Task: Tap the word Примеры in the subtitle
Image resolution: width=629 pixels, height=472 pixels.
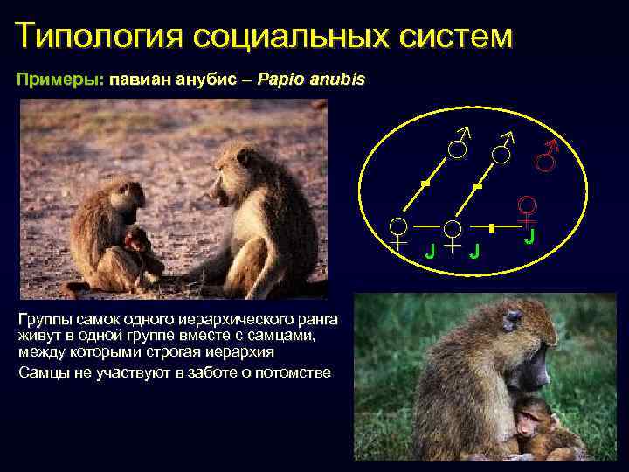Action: (x=59, y=80)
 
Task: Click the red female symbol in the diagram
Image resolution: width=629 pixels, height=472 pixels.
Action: (x=527, y=210)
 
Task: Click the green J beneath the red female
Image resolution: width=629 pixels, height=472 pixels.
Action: (x=529, y=237)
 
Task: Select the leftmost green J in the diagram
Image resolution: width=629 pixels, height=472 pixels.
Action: (x=428, y=252)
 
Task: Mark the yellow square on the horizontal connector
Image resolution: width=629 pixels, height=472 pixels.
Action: (x=492, y=227)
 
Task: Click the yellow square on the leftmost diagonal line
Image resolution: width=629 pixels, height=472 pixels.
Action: (x=425, y=184)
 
